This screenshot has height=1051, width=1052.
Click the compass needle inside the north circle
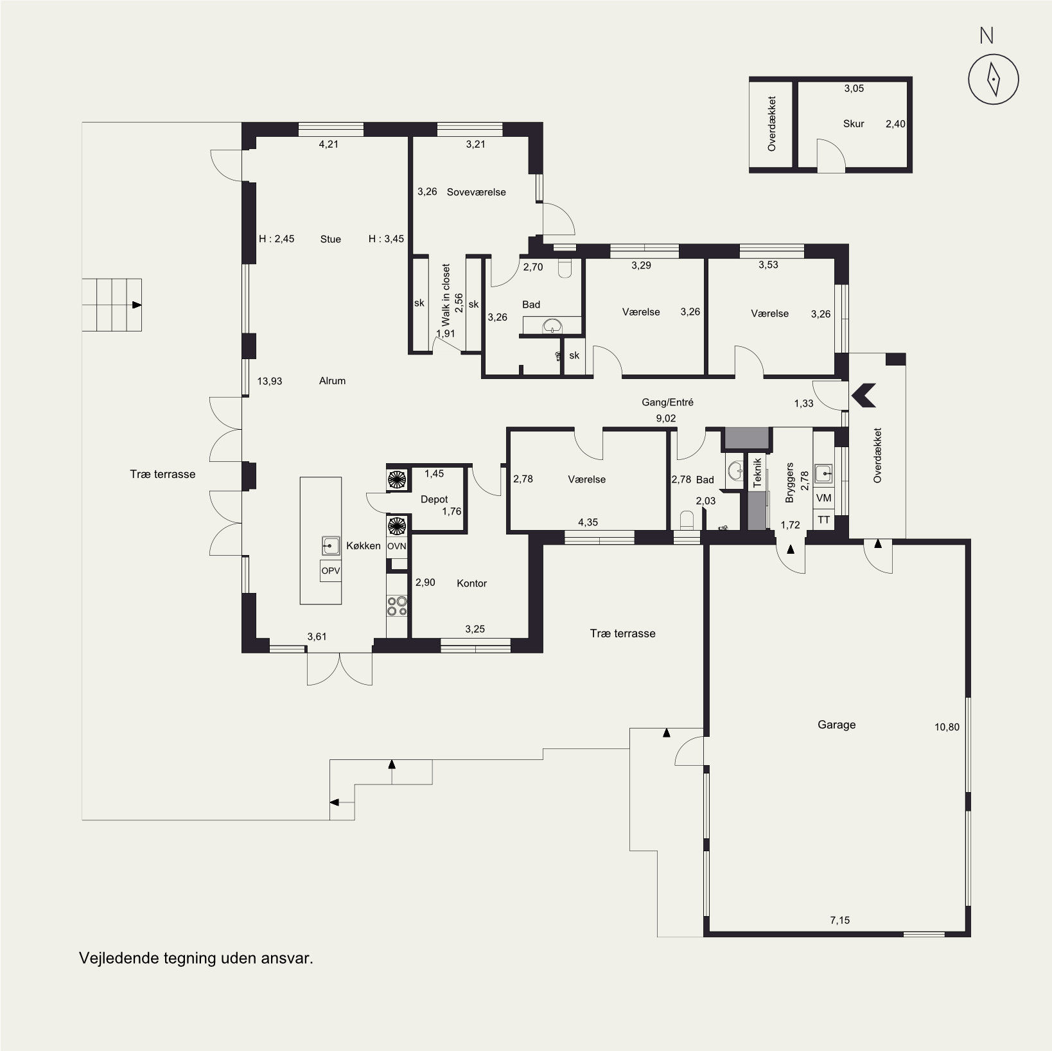(994, 80)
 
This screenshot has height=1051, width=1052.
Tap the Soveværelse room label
(477, 192)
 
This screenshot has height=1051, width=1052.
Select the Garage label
(836, 725)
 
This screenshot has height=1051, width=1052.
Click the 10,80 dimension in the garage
(947, 727)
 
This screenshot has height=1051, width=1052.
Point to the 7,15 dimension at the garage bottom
(839, 920)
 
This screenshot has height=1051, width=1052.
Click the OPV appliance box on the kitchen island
(331, 570)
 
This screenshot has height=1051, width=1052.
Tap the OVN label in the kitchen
(397, 546)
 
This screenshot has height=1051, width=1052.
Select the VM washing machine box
(823, 498)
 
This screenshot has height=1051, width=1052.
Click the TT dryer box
(823, 520)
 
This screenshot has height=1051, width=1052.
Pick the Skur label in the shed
(854, 124)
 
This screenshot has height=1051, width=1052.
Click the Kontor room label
(471, 583)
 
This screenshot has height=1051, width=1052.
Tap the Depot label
(434, 499)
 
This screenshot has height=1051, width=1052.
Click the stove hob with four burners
(397, 605)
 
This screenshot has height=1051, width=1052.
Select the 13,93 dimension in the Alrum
(270, 381)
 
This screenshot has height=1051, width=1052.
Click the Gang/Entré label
(667, 402)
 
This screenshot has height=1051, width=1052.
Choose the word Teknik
(757, 472)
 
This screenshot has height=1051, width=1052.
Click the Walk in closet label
(446, 296)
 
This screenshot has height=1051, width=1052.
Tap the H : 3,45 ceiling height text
(386, 239)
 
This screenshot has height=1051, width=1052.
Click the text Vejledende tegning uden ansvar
(196, 958)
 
